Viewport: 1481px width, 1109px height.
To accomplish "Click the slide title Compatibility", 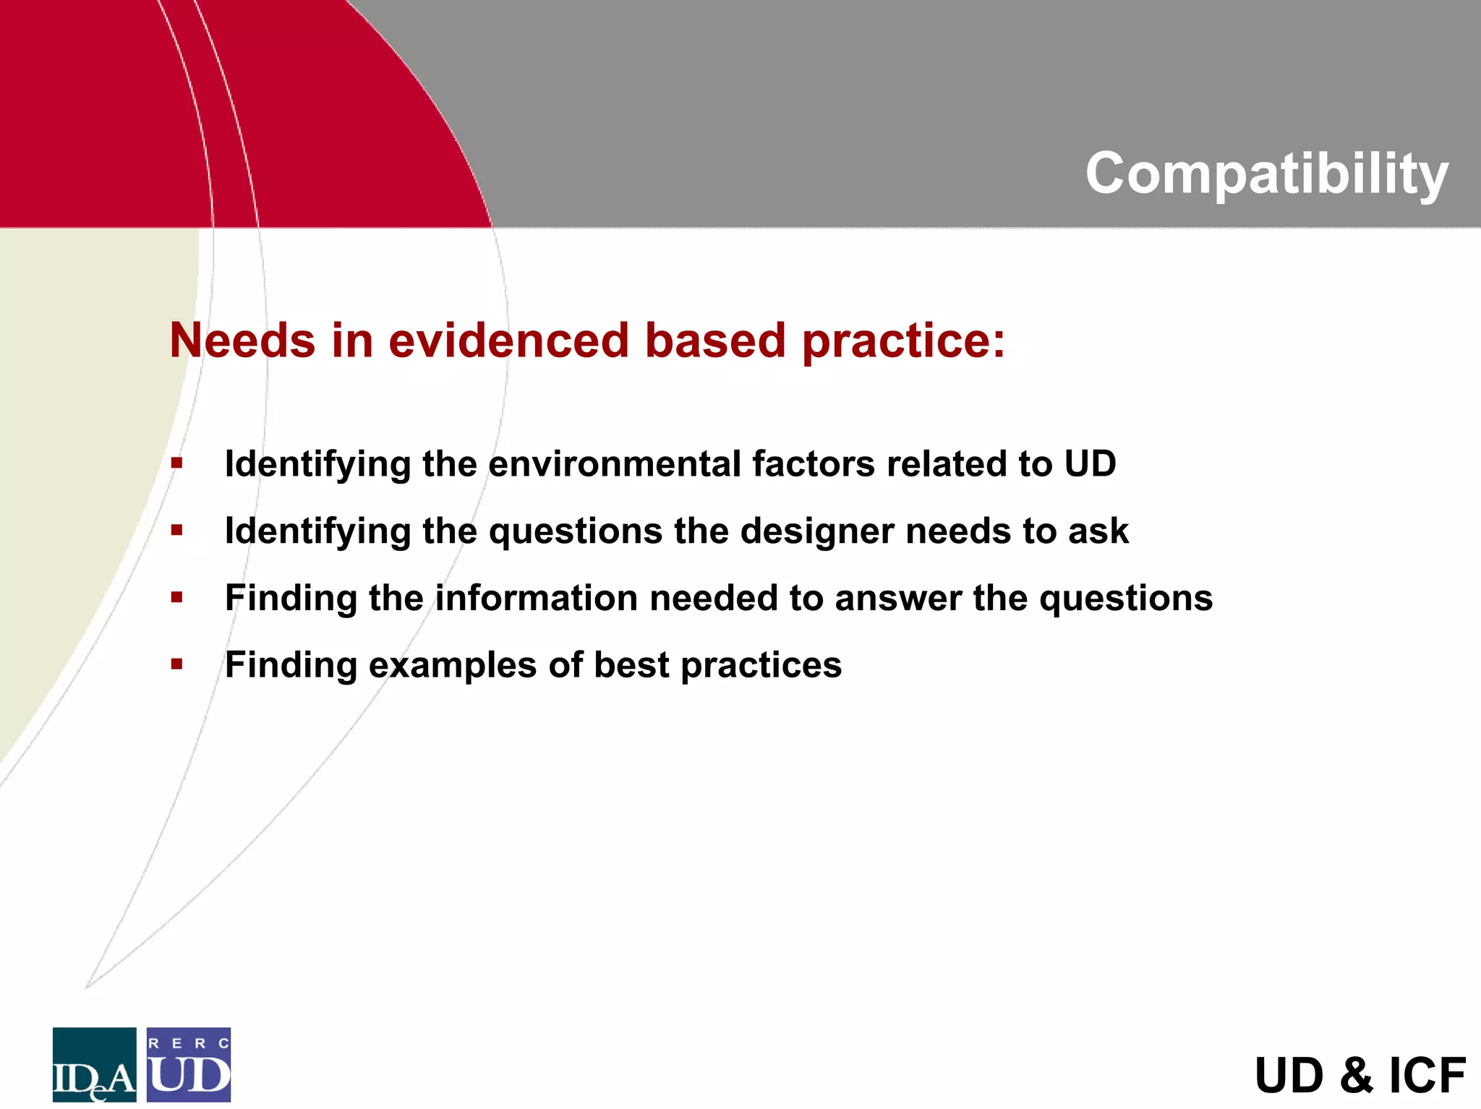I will coord(1266,174).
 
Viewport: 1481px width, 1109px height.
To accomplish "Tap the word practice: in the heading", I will coord(903,341).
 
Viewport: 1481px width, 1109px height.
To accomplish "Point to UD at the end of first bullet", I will coord(1090,463).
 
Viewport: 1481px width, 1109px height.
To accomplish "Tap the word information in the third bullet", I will coord(536,598).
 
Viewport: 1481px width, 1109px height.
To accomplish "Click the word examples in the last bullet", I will coord(452,665).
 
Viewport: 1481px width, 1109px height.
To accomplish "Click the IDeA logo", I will coord(94,1064).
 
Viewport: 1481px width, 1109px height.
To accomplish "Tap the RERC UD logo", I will coord(189,1064).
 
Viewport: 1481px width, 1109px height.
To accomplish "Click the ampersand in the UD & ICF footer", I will coord(1356,1075).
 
